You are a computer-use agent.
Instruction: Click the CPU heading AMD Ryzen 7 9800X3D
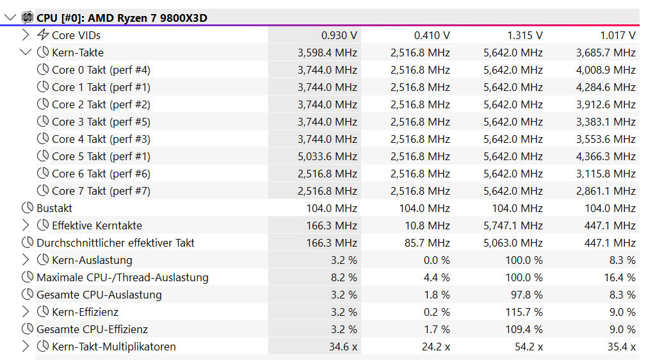tap(122, 18)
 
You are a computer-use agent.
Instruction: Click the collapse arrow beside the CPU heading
tap(10, 18)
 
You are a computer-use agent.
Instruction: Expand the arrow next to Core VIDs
tap(26, 35)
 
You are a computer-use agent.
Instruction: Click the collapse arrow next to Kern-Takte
tap(26, 53)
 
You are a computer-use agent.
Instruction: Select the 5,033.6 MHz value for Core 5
tap(327, 156)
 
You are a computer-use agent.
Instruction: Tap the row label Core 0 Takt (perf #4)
tap(101, 70)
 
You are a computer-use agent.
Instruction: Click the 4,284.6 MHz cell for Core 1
tap(606, 87)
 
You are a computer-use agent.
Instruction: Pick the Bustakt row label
tap(54, 208)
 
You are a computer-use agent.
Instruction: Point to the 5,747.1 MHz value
tap(513, 225)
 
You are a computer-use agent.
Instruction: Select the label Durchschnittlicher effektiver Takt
tap(115, 243)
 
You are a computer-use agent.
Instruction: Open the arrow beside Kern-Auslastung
tap(26, 260)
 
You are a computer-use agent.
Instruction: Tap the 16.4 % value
tap(618, 277)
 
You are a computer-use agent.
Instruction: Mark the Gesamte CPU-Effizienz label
tap(92, 329)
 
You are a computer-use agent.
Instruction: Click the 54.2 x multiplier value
tap(528, 347)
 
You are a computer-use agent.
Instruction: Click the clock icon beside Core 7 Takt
tap(43, 191)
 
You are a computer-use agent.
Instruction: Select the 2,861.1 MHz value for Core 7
tap(606, 191)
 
